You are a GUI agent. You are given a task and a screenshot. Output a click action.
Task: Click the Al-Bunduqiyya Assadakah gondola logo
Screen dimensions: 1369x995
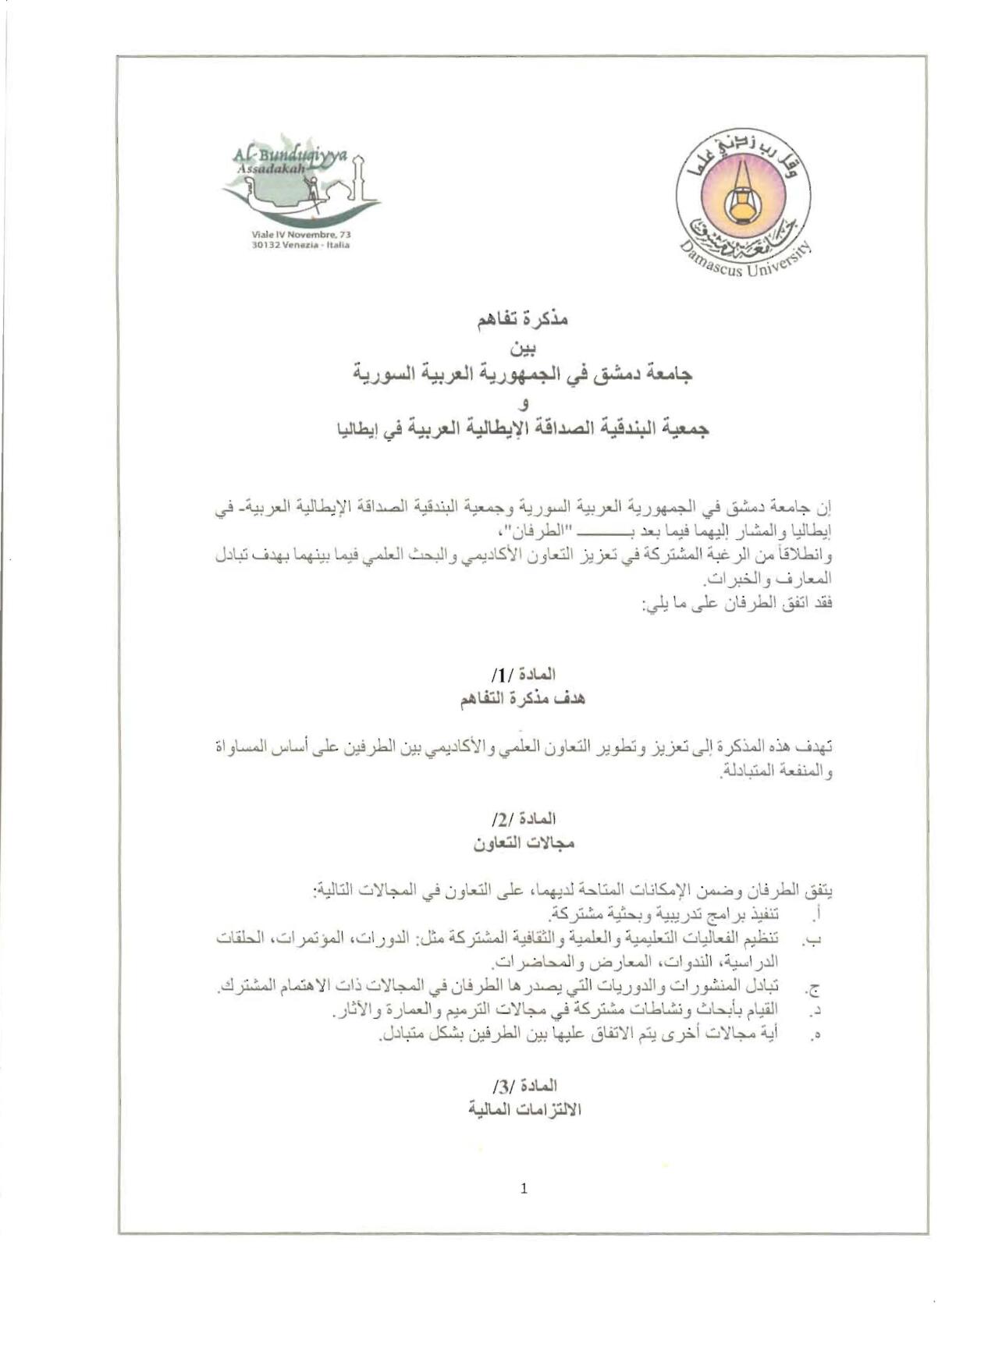302,186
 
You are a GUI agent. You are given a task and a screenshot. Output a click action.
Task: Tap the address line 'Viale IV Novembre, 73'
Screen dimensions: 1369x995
301,234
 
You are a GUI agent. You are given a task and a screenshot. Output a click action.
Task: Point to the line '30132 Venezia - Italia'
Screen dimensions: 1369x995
301,245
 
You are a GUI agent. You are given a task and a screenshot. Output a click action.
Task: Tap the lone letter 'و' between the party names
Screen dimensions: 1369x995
523,403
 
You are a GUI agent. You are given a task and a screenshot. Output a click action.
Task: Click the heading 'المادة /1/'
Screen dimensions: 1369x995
524,674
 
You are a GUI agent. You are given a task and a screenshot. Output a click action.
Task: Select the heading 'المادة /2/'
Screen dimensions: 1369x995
524,818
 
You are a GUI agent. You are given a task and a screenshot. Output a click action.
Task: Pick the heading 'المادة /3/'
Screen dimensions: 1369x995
524,1085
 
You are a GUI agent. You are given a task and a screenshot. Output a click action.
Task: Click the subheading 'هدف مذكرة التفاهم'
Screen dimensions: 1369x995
522,699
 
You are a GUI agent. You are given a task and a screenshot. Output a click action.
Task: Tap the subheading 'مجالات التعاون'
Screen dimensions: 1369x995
523,843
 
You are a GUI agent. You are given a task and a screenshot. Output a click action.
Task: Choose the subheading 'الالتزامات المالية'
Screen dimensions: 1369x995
524,1110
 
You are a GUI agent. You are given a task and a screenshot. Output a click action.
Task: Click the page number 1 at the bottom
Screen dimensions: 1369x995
524,1188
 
